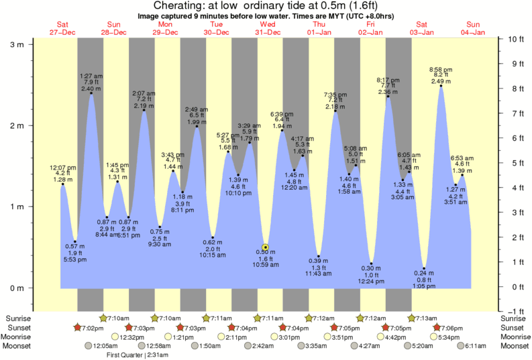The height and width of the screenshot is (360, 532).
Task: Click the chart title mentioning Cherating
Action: (266, 6)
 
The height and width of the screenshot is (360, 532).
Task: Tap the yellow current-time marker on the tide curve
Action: (266, 247)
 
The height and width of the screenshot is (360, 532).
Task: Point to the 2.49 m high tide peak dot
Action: (441, 86)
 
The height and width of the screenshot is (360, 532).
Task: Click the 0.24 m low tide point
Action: (424, 268)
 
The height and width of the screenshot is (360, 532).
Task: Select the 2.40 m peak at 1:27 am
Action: (91, 93)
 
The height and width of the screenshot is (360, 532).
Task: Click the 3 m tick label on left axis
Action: (15, 44)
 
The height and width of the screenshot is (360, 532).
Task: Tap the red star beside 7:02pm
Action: (77, 327)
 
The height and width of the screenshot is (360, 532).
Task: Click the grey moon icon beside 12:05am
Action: (87, 346)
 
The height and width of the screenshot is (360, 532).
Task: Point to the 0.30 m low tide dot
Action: (371, 263)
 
